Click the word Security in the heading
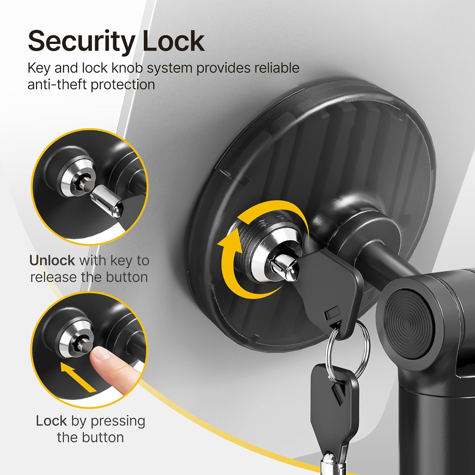pos(81,41)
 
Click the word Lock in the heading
pos(173,41)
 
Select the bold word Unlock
pos(52,261)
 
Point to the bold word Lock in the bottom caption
pos(51,421)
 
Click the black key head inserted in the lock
pos(332,285)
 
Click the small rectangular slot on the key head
pos(331,313)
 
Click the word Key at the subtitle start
pos(39,68)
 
